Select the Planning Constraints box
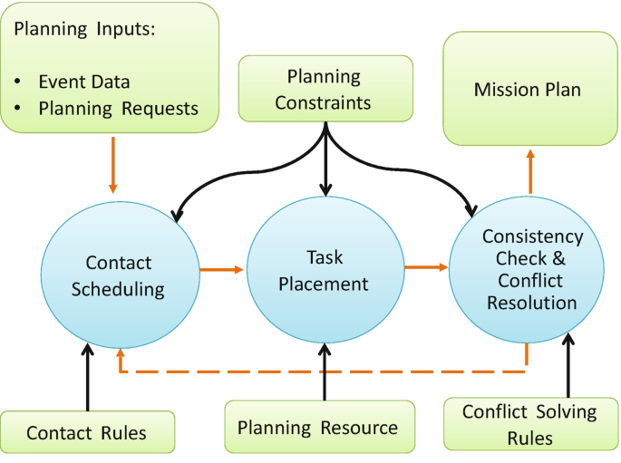[324, 89]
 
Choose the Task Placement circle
[324, 271]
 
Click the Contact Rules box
[86, 432]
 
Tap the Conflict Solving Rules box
[529, 424]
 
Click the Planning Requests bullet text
[118, 109]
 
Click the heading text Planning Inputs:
[83, 28]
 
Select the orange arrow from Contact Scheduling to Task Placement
[222, 269]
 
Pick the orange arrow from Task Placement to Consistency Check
[426, 266]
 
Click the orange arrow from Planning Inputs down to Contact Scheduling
[112, 165]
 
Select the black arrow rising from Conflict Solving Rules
[568, 367]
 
